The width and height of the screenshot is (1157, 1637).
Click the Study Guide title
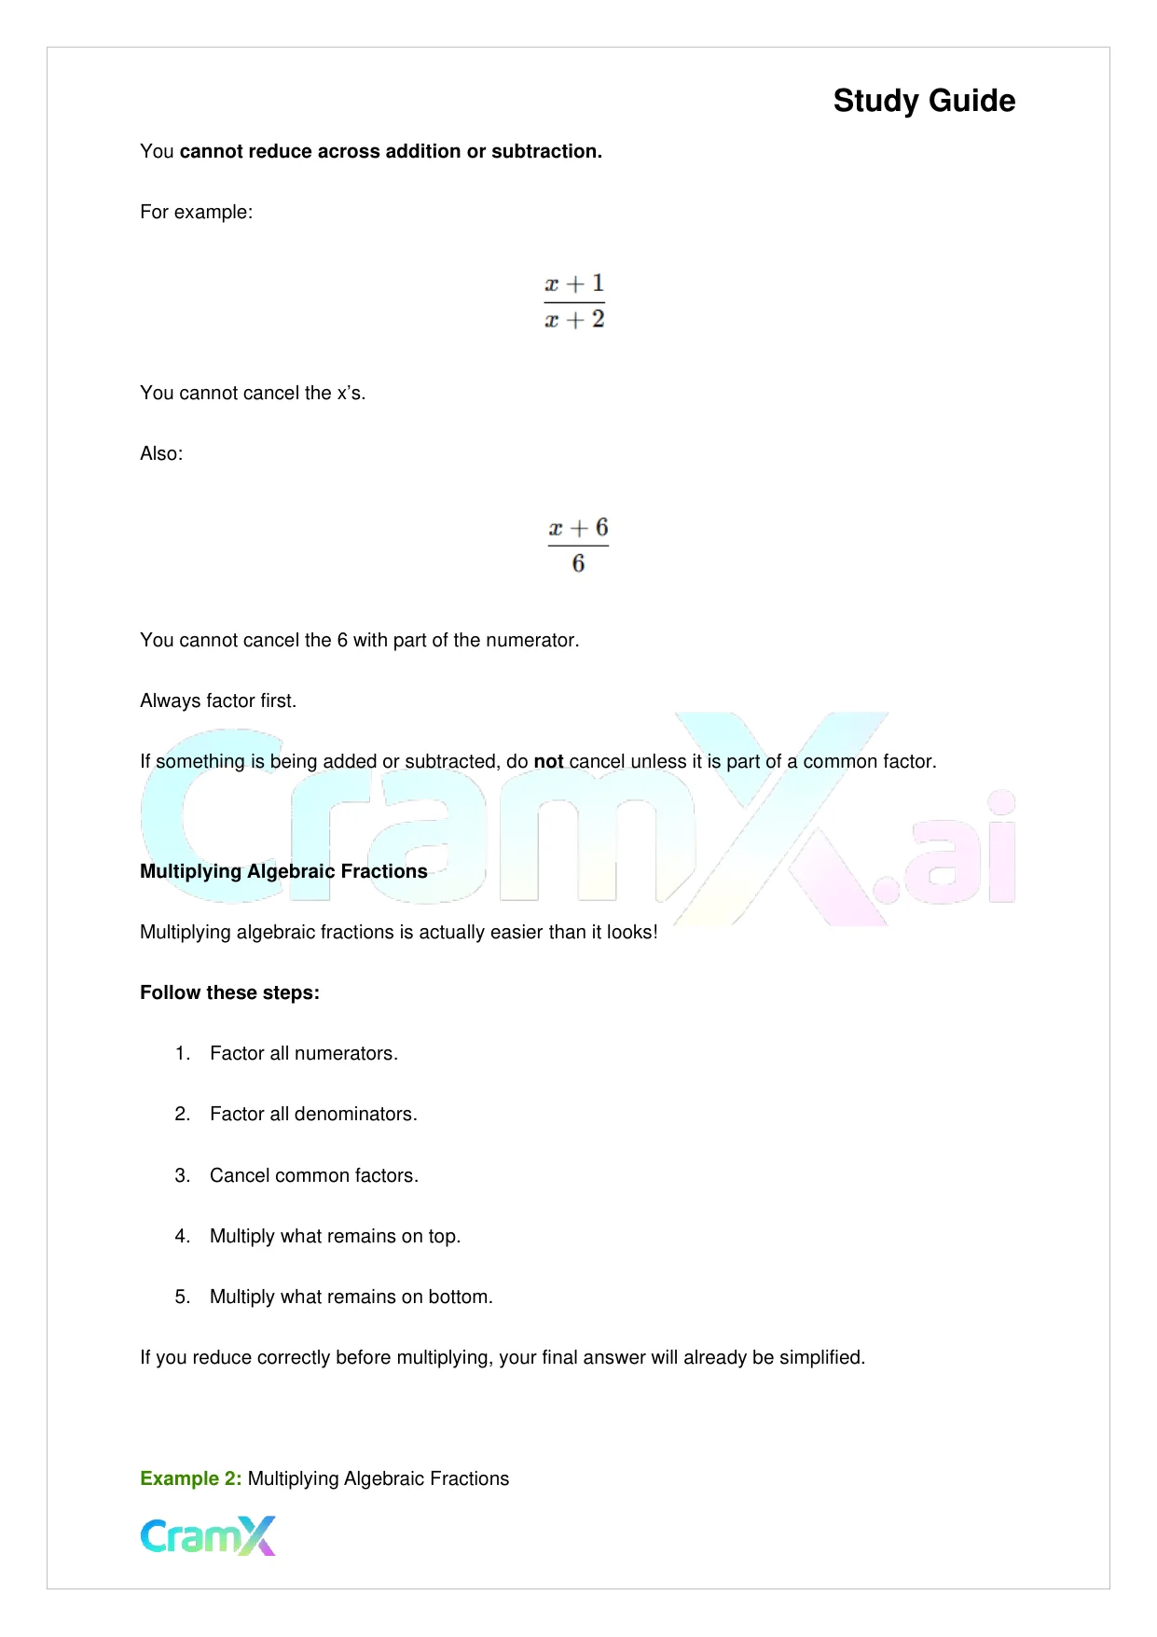[924, 101]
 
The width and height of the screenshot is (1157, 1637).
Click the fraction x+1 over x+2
[574, 301]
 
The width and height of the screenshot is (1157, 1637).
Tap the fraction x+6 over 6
[578, 546]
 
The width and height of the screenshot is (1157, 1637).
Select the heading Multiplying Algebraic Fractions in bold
[283, 871]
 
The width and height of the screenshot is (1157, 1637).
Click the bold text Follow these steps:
[229, 992]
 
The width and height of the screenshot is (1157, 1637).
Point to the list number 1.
[182, 1053]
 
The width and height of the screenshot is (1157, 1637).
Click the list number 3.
[182, 1175]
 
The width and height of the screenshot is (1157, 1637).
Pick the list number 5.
[182, 1297]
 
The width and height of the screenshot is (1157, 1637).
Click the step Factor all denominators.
[313, 1114]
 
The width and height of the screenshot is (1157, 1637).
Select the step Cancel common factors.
[314, 1175]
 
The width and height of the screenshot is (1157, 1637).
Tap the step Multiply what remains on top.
[335, 1236]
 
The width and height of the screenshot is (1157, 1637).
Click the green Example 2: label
[190, 1478]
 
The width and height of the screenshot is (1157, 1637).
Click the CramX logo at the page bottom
[208, 1536]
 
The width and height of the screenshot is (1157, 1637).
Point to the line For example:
[196, 212]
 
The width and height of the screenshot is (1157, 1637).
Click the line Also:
[161, 453]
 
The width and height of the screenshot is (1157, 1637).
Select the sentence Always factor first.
[218, 701]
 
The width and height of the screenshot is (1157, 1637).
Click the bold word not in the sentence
[548, 761]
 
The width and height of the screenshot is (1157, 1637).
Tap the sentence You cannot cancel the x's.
[253, 393]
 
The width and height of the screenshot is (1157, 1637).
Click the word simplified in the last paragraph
[821, 1357]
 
